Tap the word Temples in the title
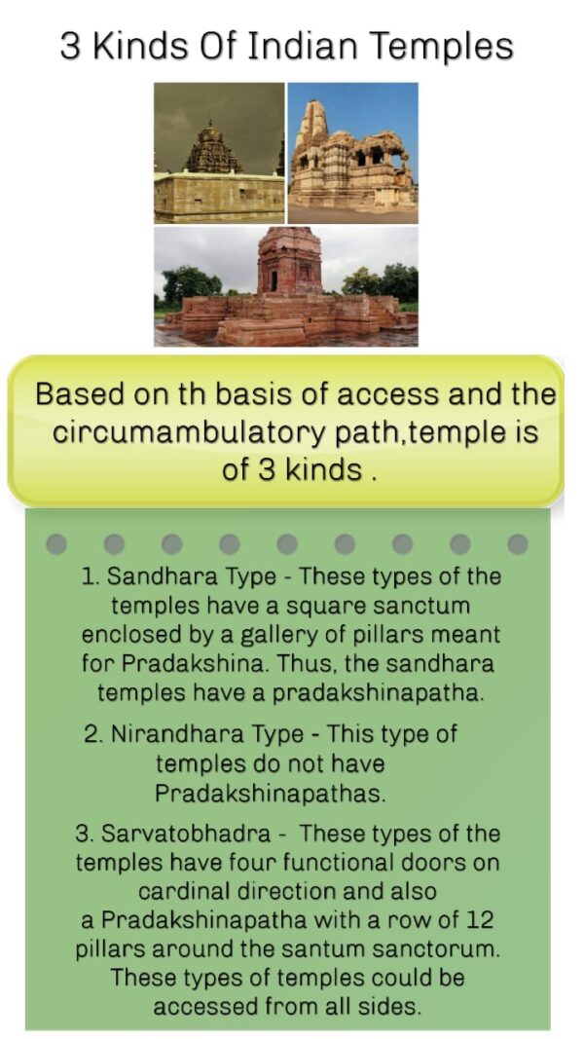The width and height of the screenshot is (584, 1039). click(442, 46)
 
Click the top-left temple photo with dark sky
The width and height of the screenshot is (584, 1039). click(219, 152)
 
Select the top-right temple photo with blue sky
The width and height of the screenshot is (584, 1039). click(352, 152)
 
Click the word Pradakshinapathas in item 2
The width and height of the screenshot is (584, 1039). click(270, 792)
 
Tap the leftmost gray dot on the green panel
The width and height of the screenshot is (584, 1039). click(57, 543)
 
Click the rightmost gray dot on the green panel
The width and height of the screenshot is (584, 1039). click(518, 543)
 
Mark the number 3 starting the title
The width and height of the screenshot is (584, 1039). click(70, 46)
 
